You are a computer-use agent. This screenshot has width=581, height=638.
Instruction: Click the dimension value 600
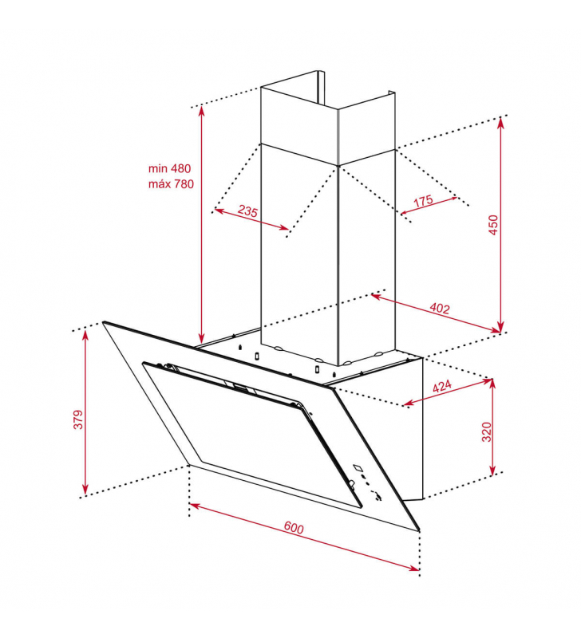(x=294, y=528)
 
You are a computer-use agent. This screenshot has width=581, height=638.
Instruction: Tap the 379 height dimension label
(x=78, y=419)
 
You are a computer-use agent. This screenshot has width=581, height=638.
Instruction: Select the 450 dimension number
(x=493, y=225)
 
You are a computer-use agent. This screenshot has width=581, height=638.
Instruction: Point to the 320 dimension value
(x=487, y=431)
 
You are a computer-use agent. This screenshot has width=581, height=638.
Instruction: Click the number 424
(x=442, y=386)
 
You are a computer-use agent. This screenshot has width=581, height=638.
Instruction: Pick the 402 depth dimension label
(x=440, y=309)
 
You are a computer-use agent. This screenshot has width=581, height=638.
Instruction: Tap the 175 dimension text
(x=423, y=201)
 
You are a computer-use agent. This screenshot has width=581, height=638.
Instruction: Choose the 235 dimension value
(x=247, y=211)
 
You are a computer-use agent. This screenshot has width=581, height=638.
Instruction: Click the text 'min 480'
(x=169, y=168)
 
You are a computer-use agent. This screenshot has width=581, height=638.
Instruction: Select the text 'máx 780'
(x=171, y=184)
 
